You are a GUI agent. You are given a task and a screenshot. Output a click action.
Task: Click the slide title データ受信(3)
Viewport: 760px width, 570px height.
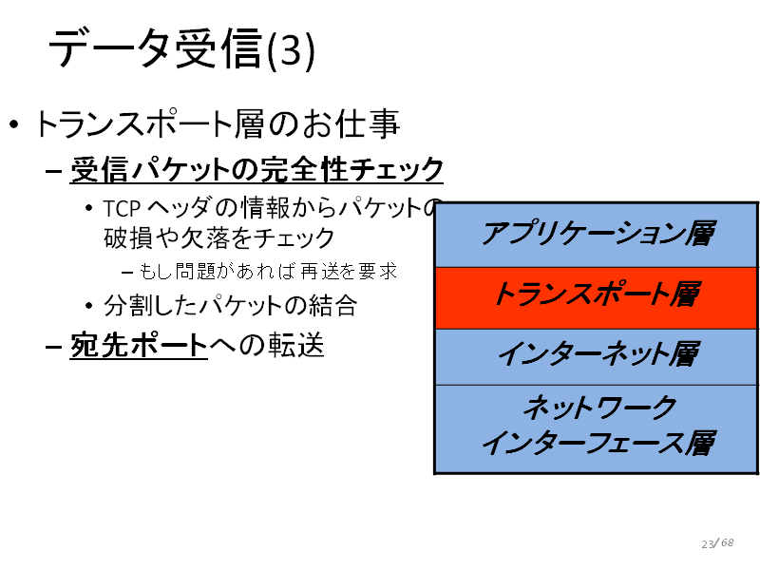click(181, 49)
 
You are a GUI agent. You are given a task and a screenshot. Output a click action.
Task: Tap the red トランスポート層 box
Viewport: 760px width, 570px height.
click(597, 297)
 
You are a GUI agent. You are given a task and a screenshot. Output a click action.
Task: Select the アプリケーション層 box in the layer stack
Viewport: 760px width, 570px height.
click(597, 235)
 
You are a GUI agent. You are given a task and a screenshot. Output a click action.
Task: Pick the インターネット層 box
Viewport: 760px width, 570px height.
click(597, 357)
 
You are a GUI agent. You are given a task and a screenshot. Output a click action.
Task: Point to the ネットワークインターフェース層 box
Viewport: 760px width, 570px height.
click(597, 429)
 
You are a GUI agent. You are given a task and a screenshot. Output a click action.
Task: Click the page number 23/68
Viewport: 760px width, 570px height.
click(717, 542)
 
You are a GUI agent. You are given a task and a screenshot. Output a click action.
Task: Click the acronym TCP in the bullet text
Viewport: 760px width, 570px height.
click(122, 209)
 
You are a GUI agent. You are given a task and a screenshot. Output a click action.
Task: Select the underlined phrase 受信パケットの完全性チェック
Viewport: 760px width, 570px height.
click(256, 170)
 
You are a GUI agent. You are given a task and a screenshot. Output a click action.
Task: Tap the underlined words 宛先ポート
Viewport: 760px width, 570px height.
click(139, 345)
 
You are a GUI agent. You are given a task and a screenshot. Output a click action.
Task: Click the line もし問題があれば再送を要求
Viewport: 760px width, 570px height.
click(268, 272)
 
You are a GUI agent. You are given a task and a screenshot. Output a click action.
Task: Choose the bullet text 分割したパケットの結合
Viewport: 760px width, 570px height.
click(230, 306)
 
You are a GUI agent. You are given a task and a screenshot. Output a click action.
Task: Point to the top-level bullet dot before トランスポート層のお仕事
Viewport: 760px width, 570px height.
click(14, 124)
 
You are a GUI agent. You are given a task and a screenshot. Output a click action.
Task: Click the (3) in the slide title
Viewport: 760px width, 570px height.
click(291, 51)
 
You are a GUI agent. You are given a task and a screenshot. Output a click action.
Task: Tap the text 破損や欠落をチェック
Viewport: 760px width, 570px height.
click(219, 237)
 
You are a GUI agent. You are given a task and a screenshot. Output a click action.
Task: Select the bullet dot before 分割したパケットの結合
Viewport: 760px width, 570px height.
click(88, 306)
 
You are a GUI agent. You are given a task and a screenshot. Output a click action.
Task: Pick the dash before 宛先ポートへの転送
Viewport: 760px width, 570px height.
click(53, 347)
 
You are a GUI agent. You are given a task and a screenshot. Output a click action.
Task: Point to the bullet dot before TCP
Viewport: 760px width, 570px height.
click(88, 209)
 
